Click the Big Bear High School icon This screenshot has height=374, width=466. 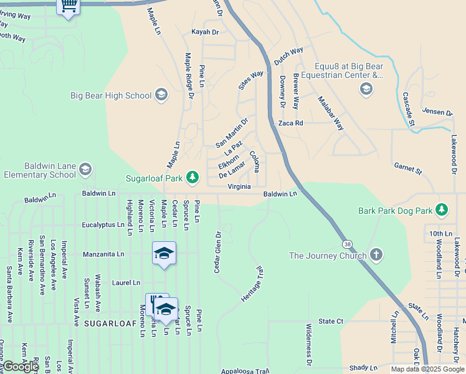[x=161, y=95]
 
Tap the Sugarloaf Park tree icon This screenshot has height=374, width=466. [x=193, y=178]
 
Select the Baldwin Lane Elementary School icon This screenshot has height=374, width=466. [x=85, y=170]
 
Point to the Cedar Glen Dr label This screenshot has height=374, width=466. [x=218, y=252]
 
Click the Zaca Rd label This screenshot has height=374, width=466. [x=290, y=123]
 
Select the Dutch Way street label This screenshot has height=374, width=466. [x=288, y=55]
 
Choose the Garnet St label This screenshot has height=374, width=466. [x=408, y=168]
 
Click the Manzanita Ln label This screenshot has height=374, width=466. [x=103, y=254]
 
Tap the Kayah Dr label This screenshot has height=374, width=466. [x=206, y=32]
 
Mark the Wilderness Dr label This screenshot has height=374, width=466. [x=308, y=344]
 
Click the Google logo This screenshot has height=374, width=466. [x=21, y=367]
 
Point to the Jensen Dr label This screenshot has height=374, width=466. [x=437, y=113]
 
